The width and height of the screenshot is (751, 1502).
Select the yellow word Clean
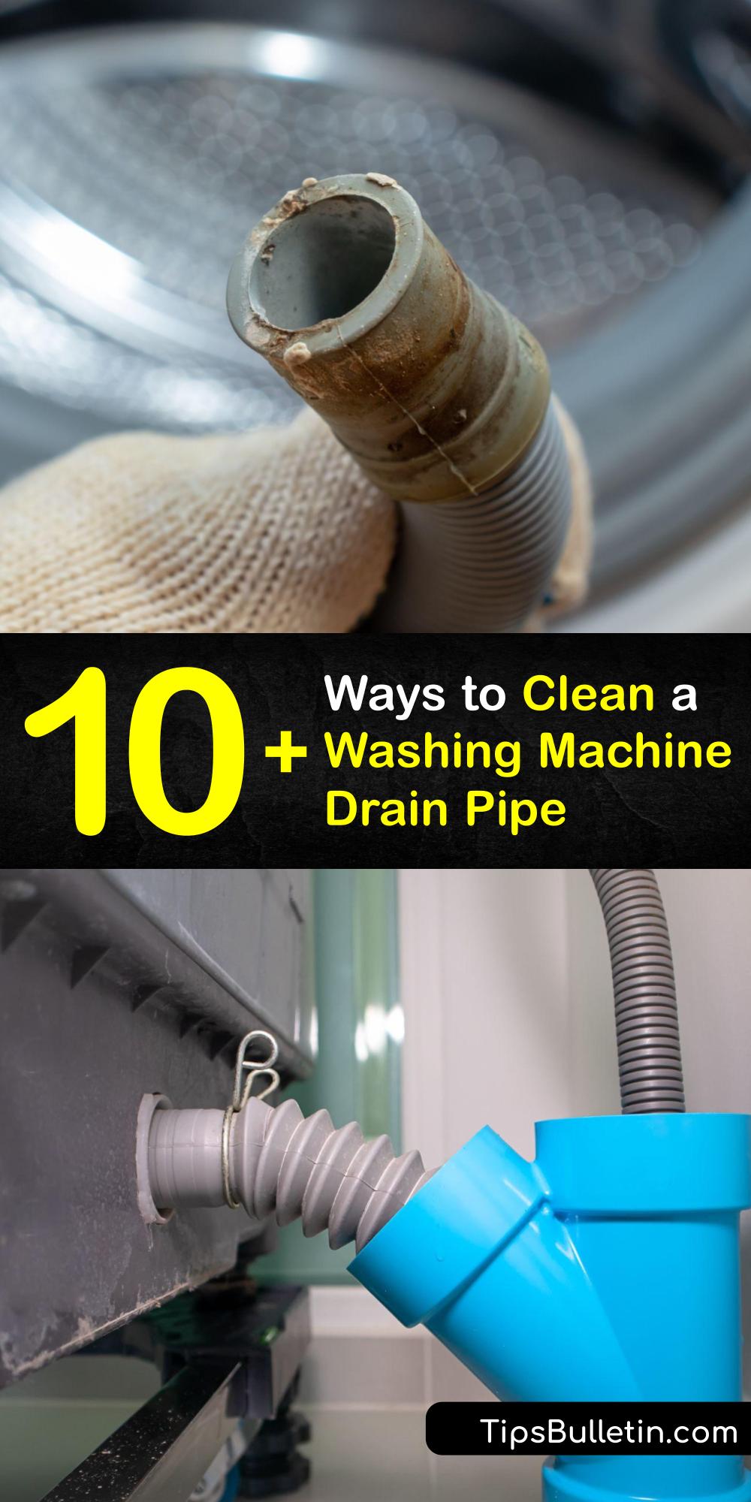[589, 695]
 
